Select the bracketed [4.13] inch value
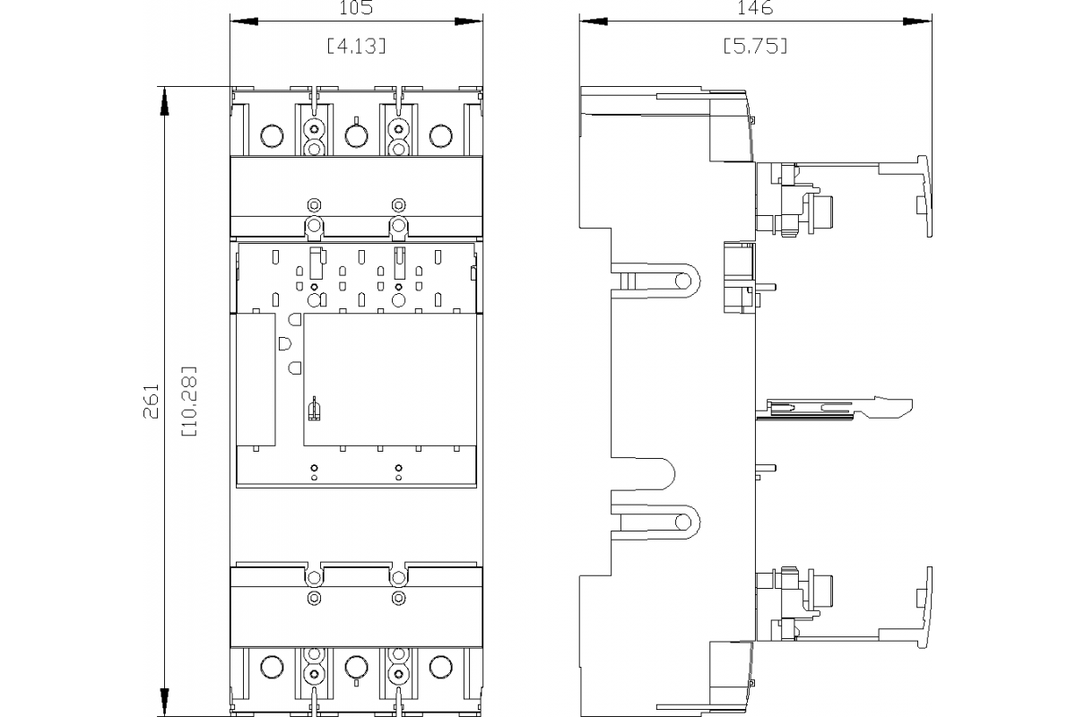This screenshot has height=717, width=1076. click(357, 47)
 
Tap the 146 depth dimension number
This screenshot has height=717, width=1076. click(756, 9)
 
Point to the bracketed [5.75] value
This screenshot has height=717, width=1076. click(756, 47)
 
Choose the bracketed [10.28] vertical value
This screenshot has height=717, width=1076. click(189, 401)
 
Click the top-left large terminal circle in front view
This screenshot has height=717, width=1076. click(270, 136)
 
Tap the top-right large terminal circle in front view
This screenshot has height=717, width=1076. click(440, 136)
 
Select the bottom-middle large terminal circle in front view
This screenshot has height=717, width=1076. click(356, 667)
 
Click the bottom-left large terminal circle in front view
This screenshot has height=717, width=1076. click(270, 667)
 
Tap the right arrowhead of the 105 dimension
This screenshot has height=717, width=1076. click(468, 21)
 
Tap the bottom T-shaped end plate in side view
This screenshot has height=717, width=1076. click(924, 606)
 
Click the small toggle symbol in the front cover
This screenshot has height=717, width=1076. click(314, 410)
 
